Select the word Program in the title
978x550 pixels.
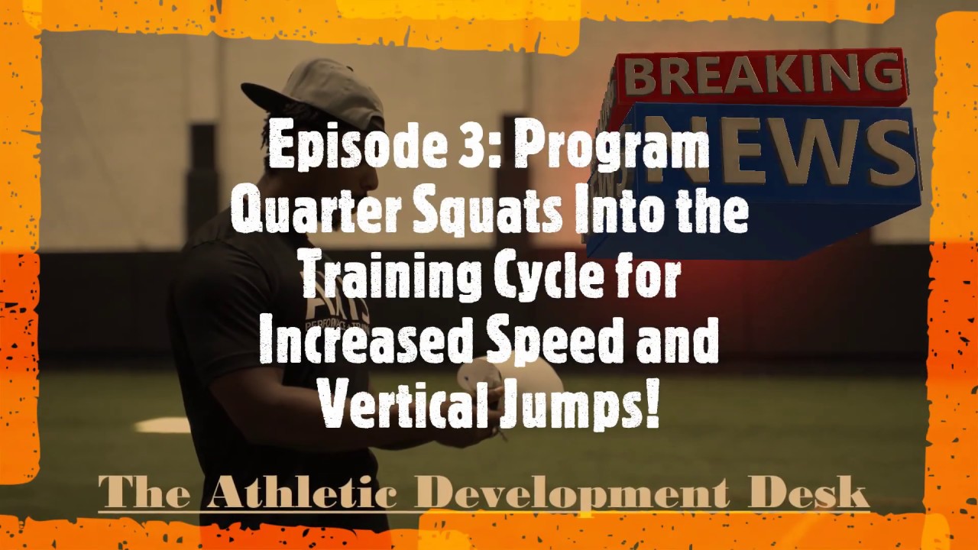click(x=611, y=147)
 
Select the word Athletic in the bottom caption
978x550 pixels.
click(x=303, y=493)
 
